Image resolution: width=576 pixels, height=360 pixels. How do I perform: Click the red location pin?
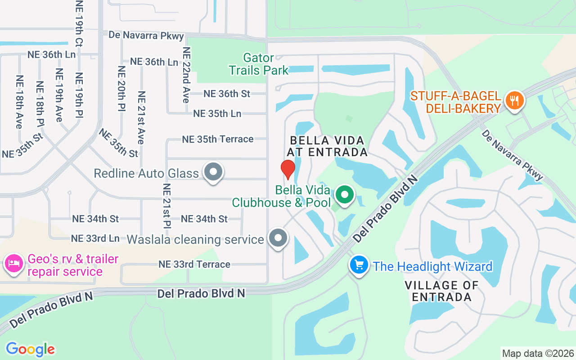288,169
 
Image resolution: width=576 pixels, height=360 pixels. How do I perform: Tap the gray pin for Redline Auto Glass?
213,172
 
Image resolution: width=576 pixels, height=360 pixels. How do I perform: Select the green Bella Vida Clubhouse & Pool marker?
345,195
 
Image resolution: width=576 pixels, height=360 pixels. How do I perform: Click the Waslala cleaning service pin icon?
278,238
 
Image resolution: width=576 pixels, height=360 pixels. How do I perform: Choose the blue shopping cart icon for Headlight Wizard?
359,265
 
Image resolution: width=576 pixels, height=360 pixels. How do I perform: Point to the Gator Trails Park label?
259,64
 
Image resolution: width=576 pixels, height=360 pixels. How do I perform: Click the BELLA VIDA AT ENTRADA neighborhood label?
329,146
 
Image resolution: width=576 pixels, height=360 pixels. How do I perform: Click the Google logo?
30,349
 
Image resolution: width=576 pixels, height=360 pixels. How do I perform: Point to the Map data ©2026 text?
538,353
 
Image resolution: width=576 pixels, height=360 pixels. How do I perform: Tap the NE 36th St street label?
227,94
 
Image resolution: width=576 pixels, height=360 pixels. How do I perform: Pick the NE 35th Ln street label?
217,113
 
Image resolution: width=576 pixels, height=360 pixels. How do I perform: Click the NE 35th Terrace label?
217,139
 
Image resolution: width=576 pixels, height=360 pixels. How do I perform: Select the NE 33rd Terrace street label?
194,264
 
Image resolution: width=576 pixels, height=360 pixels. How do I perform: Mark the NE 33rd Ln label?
95,238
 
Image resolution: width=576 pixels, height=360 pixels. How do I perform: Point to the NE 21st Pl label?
166,206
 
